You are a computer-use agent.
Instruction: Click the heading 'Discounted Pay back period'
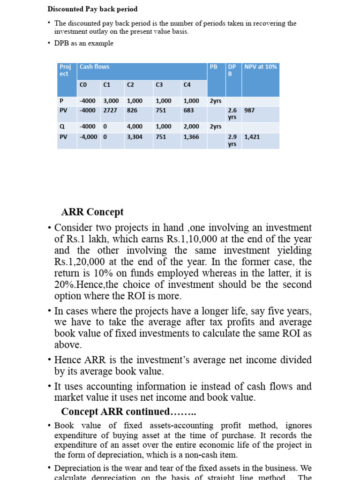click(92, 9)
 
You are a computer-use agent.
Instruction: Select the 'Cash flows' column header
click(94, 67)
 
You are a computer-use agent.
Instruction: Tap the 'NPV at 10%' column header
click(260, 67)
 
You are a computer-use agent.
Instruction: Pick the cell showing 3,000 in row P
click(111, 101)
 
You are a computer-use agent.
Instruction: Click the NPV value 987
click(249, 110)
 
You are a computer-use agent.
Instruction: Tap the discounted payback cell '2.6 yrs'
click(232, 113)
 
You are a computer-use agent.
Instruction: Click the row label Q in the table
click(61, 127)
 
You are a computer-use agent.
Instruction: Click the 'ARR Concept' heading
click(92, 211)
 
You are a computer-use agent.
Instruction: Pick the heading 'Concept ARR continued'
click(128, 412)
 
